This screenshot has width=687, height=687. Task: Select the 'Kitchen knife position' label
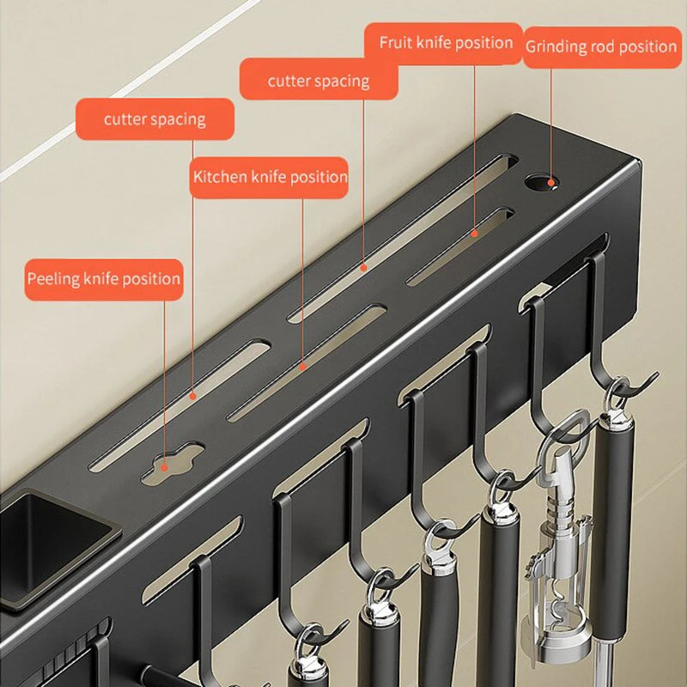[270, 178]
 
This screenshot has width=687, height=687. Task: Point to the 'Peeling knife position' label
[104, 279]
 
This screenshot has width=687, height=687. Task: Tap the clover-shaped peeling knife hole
[169, 461]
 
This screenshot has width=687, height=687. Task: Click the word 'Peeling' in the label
[55, 279]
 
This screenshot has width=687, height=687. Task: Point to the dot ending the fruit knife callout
[473, 232]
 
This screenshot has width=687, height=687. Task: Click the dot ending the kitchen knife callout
[303, 366]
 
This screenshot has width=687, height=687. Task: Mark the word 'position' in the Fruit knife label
[483, 43]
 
